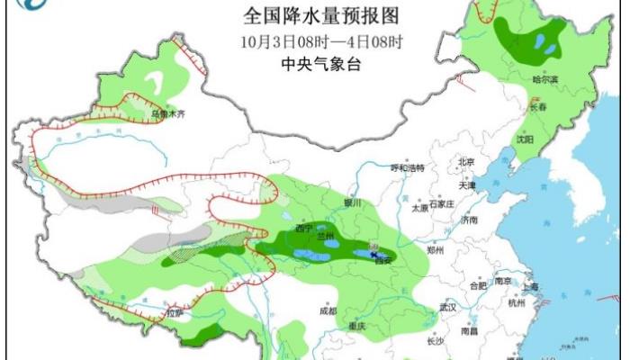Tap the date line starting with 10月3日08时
coord(321,41)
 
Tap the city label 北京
coord(465,162)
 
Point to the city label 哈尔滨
coord(547,81)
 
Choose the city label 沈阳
coord(524,139)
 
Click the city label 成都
coord(327,310)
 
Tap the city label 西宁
coord(306,229)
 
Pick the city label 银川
coord(351,204)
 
